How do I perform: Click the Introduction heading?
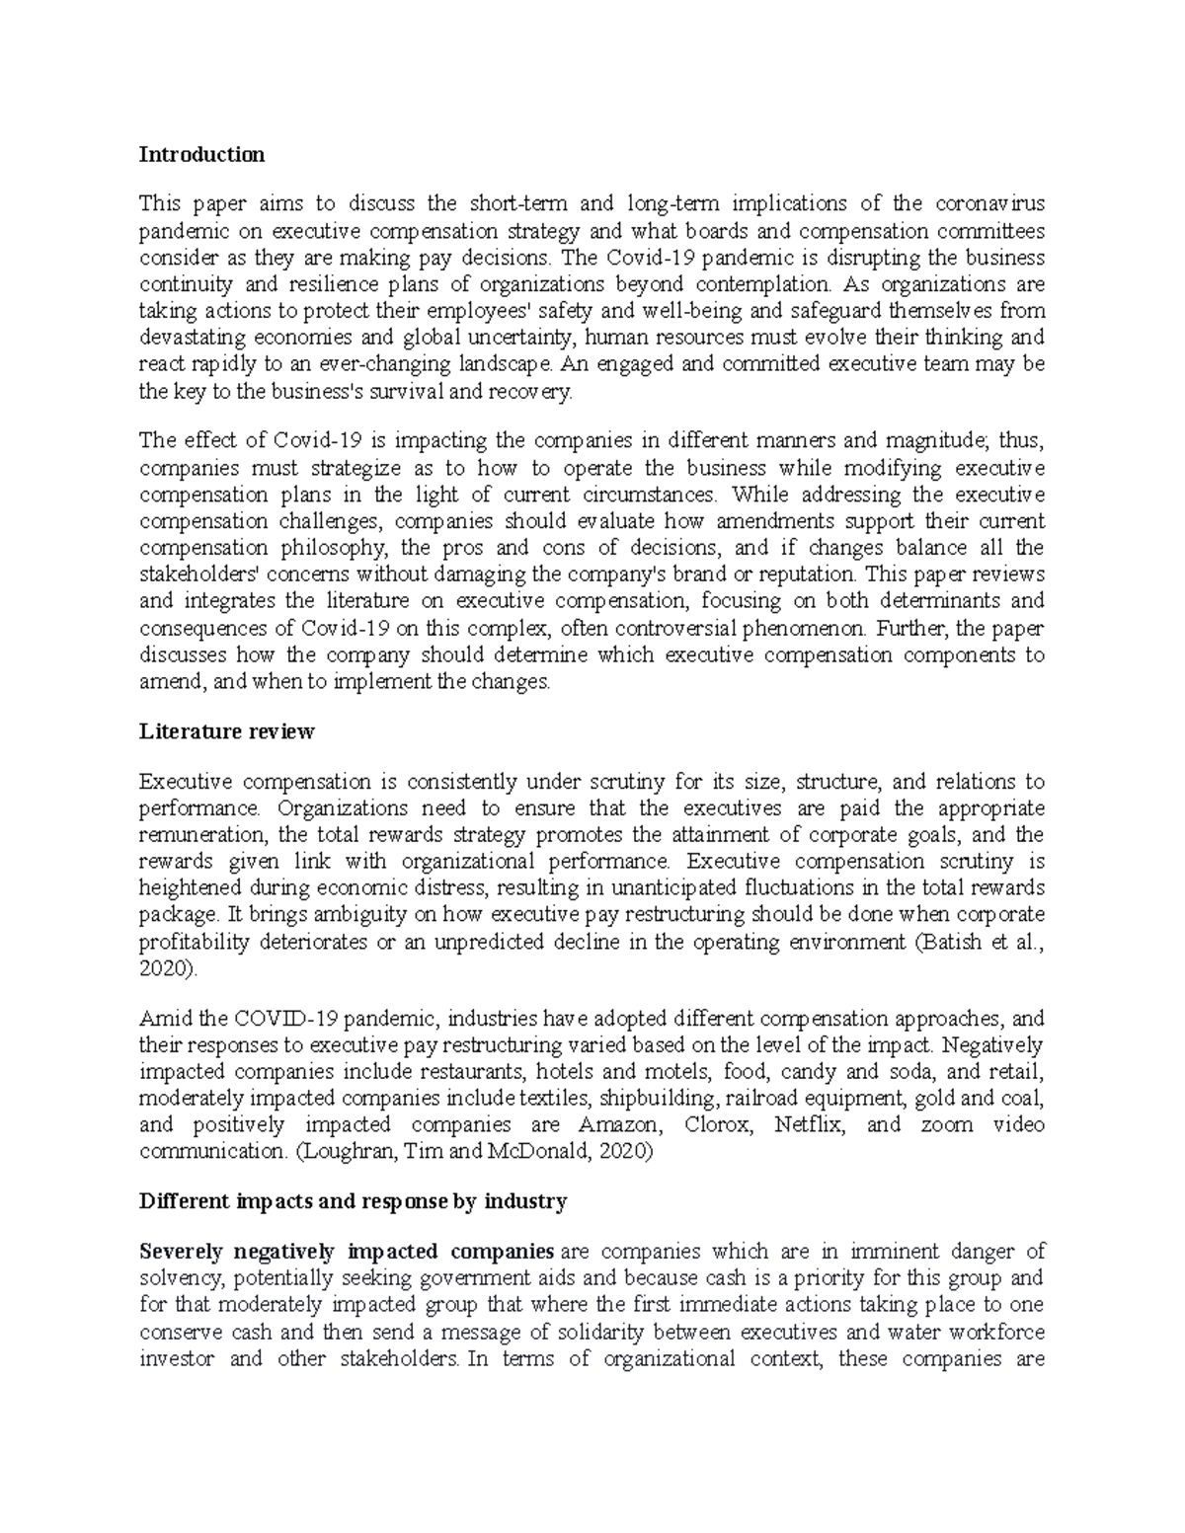[201, 154]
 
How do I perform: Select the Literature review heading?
[226, 731]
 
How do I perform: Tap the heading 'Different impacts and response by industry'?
[353, 1201]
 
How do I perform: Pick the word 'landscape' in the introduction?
[503, 364]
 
